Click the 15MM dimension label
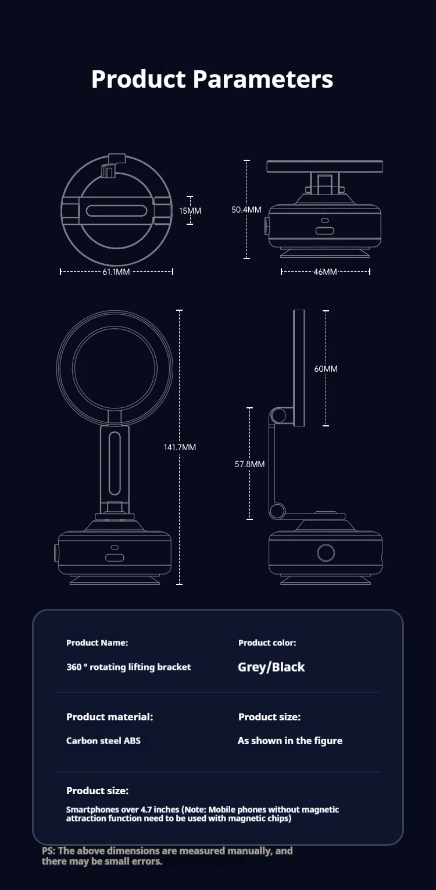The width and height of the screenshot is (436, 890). pyautogui.click(x=190, y=210)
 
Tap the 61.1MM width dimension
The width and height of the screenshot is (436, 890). pyautogui.click(x=116, y=271)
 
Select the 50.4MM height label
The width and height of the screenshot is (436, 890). pyautogui.click(x=246, y=209)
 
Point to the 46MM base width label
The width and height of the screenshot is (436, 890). pyautogui.click(x=325, y=271)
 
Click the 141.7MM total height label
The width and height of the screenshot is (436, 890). pyautogui.click(x=180, y=447)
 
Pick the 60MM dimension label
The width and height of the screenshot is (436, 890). pyautogui.click(x=326, y=368)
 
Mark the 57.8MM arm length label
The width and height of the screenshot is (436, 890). pyautogui.click(x=250, y=464)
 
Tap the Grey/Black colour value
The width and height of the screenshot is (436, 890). pyautogui.click(x=271, y=667)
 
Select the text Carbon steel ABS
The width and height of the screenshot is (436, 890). pyautogui.click(x=103, y=741)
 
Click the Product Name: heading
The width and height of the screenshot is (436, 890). pyautogui.click(x=97, y=643)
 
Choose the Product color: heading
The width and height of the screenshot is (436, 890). pyautogui.click(x=267, y=643)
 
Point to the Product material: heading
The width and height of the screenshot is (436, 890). pyautogui.click(x=109, y=717)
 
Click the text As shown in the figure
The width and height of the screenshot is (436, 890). pyautogui.click(x=290, y=741)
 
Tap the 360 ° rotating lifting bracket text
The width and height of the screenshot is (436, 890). pyautogui.click(x=128, y=667)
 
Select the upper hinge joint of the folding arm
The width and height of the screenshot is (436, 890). pyautogui.click(x=278, y=415)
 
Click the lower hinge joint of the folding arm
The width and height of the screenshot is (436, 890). pyautogui.click(x=277, y=510)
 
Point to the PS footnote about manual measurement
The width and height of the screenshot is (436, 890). pyautogui.click(x=167, y=856)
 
